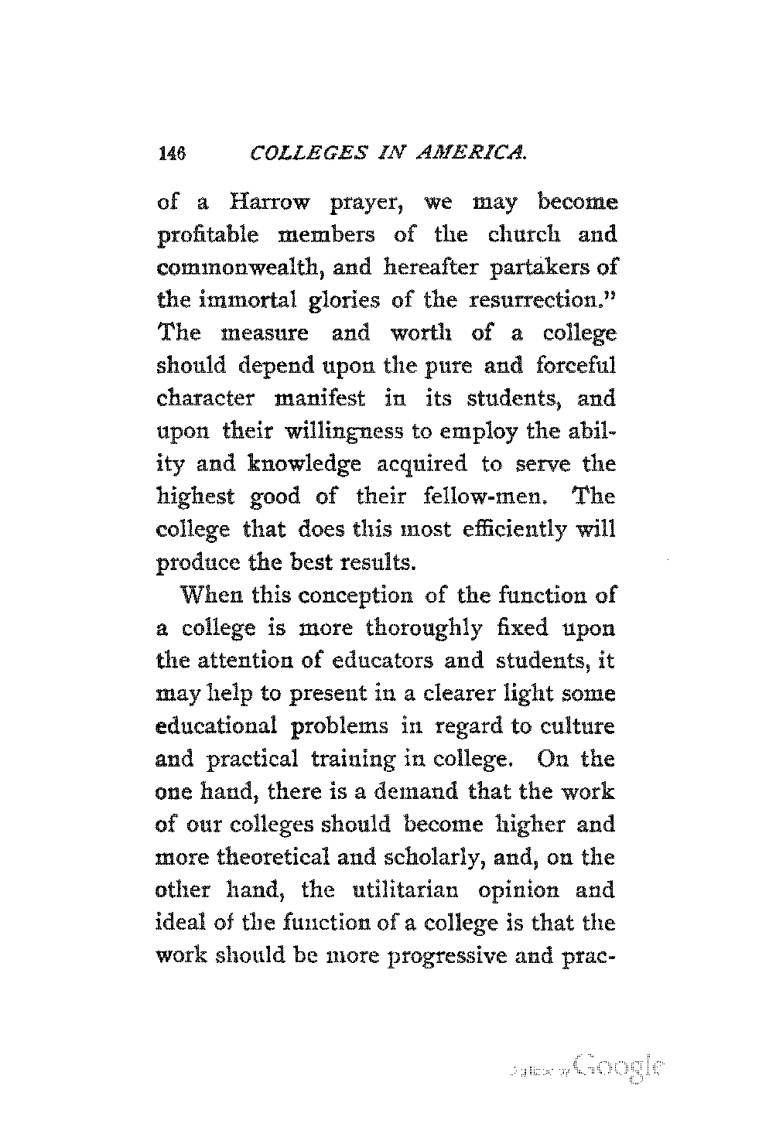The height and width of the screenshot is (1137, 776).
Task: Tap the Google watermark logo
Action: click(x=619, y=1068)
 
